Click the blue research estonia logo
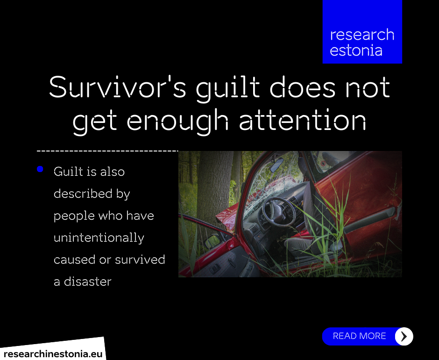362,32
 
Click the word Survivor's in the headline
118,87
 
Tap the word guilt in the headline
228,89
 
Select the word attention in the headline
303,120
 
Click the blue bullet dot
40,169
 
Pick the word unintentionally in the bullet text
99,238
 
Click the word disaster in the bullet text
88,281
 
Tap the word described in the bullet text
83,194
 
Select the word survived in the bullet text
140,259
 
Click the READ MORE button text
359,336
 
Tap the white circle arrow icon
404,336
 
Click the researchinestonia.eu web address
53,354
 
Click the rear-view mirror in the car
277,165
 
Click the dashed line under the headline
107,151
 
